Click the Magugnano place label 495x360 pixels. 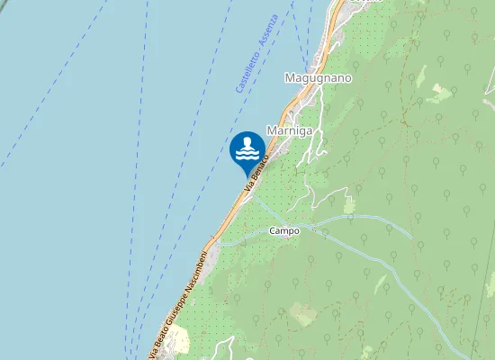[318, 78]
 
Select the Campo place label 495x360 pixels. [284, 231]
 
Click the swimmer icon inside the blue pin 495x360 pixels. [247, 149]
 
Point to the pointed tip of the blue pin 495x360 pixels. [247, 175]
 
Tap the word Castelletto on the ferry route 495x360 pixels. [245, 71]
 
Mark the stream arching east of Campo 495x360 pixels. [360, 218]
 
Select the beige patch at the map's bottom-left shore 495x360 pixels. [175, 340]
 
